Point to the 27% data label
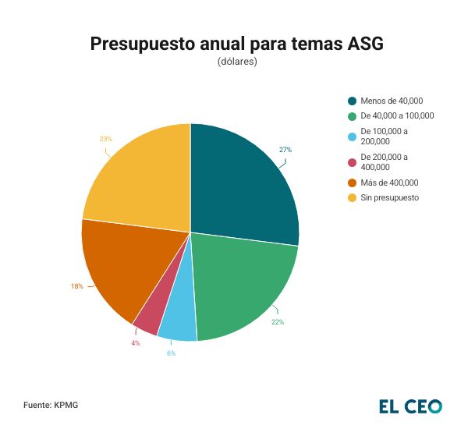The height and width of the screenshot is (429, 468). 285,149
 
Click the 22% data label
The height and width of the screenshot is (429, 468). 278,321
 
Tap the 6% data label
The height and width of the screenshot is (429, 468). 171,353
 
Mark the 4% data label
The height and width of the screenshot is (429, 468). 136,343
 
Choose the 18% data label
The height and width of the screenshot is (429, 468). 76,286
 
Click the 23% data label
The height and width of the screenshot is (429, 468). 105,139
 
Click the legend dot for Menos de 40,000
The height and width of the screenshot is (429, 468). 353,101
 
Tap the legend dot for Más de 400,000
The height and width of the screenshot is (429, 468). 353,183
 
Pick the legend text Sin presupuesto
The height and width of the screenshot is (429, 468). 390,197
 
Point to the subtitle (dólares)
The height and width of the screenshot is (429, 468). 237,62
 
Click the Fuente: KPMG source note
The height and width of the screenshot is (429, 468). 51,406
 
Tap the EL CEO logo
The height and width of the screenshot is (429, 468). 410,406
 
